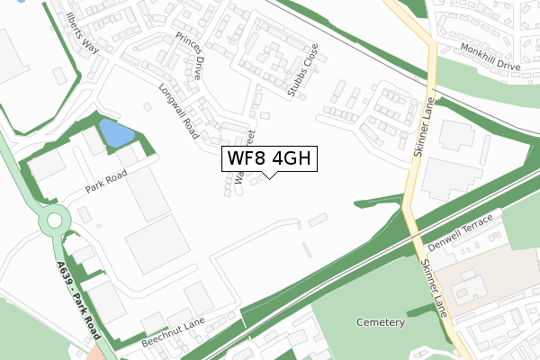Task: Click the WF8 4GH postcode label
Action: point(268,158)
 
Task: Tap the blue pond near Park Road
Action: point(114,134)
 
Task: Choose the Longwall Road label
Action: point(178,112)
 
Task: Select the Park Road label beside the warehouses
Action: point(103,184)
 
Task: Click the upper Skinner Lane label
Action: point(425,128)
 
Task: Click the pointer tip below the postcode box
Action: point(268,177)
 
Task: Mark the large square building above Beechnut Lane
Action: point(157,244)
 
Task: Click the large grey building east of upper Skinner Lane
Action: point(455,180)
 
